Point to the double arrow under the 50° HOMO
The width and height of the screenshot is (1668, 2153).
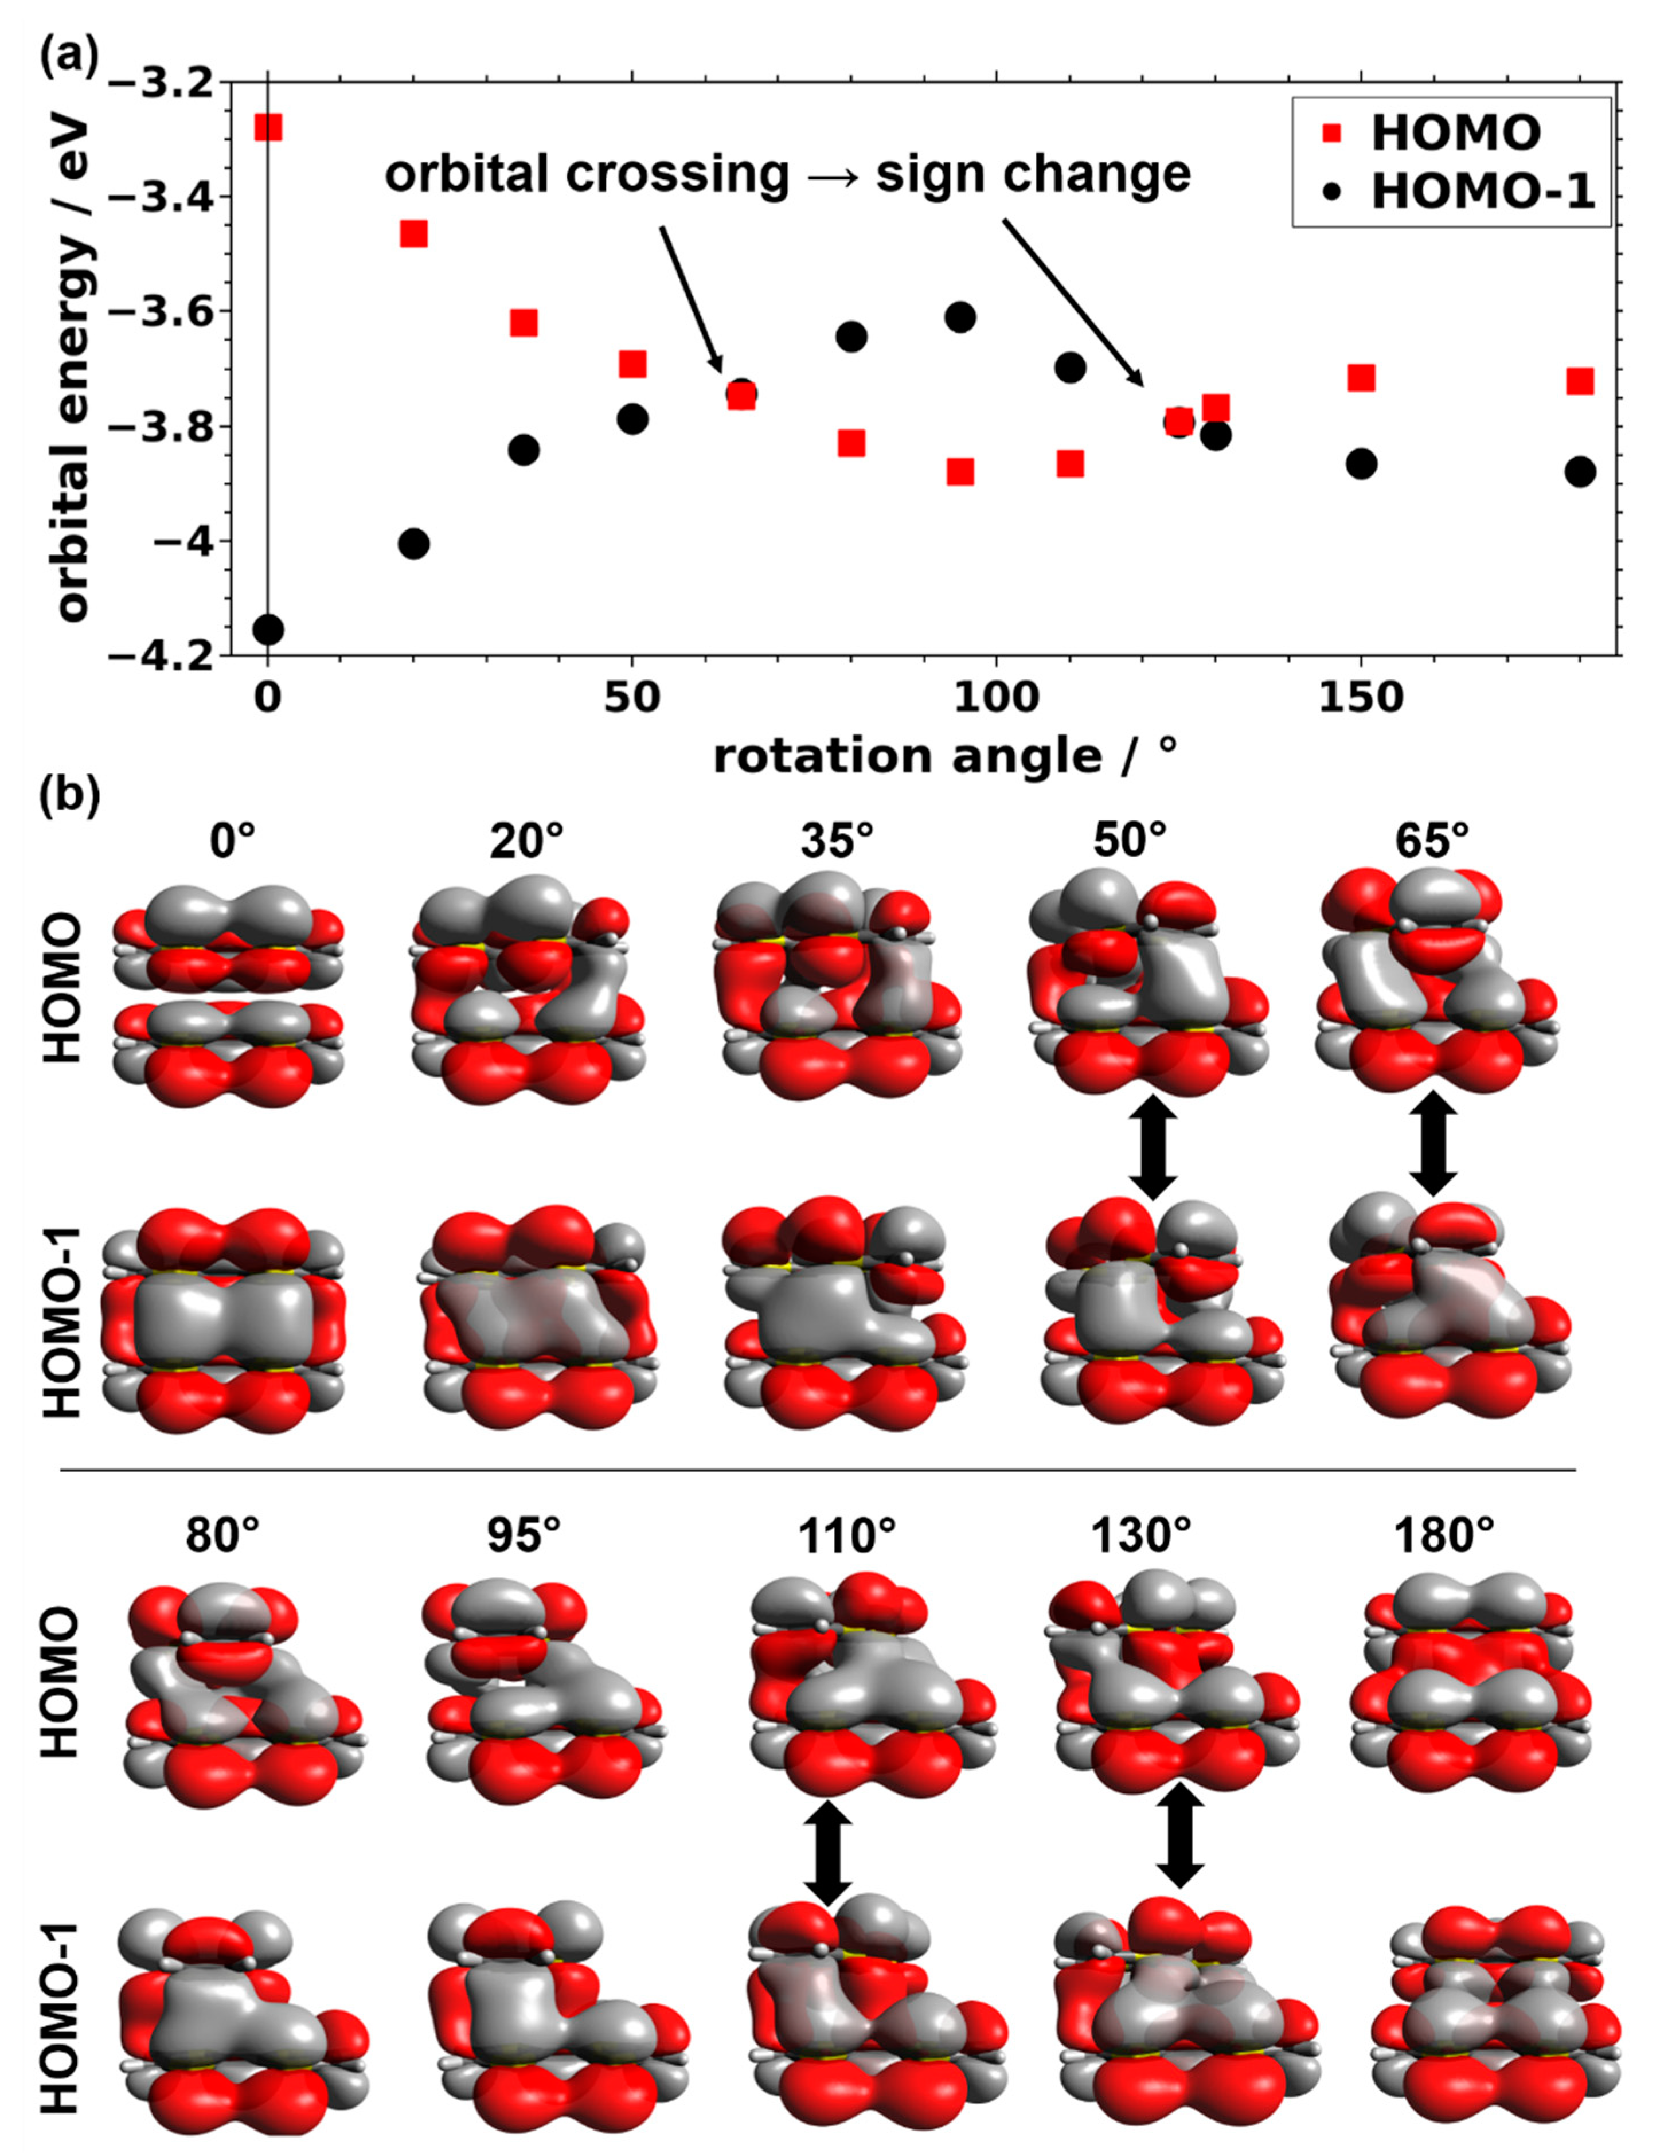click(1154, 1143)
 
